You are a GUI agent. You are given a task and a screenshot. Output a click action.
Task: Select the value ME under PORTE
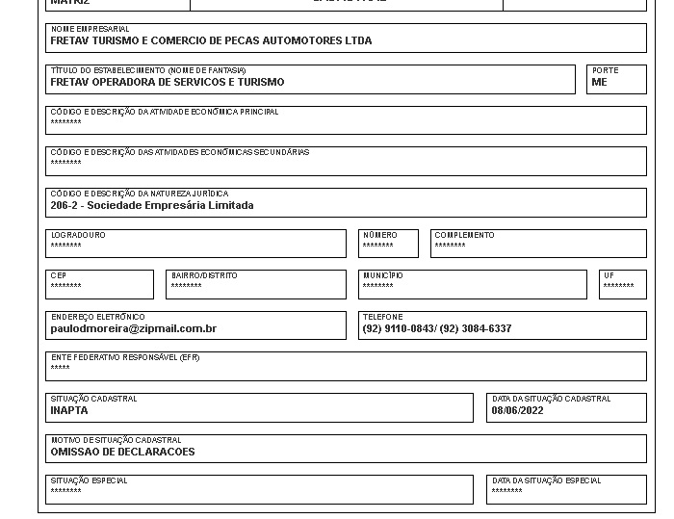point(600,83)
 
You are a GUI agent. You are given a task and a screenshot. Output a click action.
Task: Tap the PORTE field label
point(606,71)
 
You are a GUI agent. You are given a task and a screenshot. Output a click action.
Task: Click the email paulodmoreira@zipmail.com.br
point(133,328)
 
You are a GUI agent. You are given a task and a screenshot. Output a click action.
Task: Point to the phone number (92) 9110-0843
point(398,328)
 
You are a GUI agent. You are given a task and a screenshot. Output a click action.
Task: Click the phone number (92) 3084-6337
point(476,328)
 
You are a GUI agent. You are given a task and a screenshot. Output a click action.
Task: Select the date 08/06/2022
point(517,411)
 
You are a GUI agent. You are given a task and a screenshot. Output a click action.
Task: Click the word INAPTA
point(68,411)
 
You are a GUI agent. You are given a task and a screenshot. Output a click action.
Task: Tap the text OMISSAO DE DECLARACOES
point(122,452)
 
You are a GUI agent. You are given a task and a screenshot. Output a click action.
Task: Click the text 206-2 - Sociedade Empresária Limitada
point(152,205)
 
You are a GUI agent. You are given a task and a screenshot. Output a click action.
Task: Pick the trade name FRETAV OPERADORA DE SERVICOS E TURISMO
point(168,83)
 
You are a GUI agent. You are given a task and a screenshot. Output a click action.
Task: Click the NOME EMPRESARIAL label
point(90,30)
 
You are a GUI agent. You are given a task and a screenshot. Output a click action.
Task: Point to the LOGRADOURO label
point(78,235)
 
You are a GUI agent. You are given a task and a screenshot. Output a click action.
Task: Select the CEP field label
point(59,276)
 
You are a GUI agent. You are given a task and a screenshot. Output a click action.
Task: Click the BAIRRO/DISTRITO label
point(204,276)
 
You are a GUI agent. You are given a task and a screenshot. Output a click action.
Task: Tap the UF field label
point(609,276)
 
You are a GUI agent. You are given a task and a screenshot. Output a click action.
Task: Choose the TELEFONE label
point(382,317)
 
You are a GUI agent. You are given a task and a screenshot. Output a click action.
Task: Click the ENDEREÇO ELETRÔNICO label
point(97,317)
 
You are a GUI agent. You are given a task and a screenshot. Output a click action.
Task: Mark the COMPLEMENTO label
point(464,235)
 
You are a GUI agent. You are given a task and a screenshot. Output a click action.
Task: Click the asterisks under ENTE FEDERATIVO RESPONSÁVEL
point(60,369)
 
